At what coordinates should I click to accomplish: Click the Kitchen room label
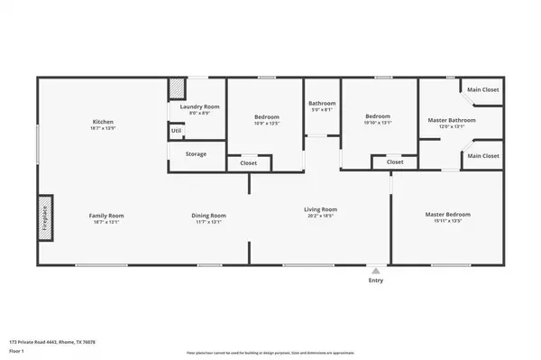pos(102,122)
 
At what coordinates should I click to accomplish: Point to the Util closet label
pos(176,132)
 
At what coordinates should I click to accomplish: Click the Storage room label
pos(197,154)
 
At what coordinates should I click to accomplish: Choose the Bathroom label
pos(322,104)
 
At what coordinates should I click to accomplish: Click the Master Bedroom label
pos(448,215)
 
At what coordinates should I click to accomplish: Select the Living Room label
pos(319,209)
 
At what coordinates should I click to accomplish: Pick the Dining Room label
pos(208,216)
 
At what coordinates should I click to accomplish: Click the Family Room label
pos(105,216)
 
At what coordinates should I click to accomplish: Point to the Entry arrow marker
pos(376,269)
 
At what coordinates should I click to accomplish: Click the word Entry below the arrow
pos(376,280)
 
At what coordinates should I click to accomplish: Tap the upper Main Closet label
pos(482,90)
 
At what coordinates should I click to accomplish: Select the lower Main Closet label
pos(482,156)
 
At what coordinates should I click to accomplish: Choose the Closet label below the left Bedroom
pos(248,163)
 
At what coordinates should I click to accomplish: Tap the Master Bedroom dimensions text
pos(448,221)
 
